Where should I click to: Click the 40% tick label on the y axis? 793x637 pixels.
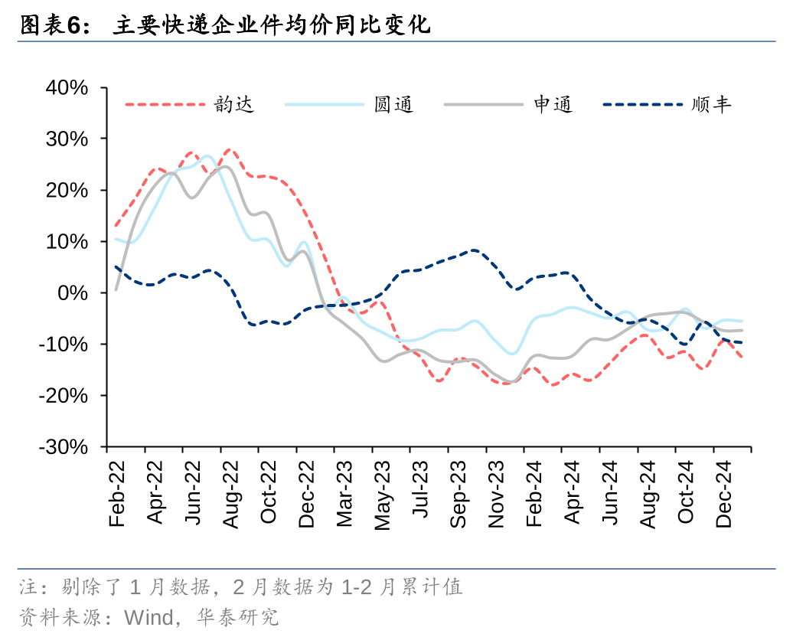coord(67,88)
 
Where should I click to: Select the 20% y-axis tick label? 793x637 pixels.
coord(67,191)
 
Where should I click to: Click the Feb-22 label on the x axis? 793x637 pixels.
coord(117,494)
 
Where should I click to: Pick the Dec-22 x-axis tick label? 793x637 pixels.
coord(307,494)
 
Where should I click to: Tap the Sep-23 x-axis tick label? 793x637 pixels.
coord(459,494)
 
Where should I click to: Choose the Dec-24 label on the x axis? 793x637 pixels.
coord(723,494)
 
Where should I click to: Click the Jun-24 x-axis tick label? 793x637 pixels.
coord(610,494)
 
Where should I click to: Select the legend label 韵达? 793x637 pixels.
coord(234,105)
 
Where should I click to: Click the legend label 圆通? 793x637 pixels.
coord(393,105)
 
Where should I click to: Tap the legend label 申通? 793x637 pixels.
coord(553,105)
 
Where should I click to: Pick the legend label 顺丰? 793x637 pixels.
coord(712,105)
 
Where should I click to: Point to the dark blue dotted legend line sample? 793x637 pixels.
coord(642,105)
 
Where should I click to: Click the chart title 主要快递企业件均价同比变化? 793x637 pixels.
coord(272,26)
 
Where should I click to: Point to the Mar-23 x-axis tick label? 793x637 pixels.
coord(344,494)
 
